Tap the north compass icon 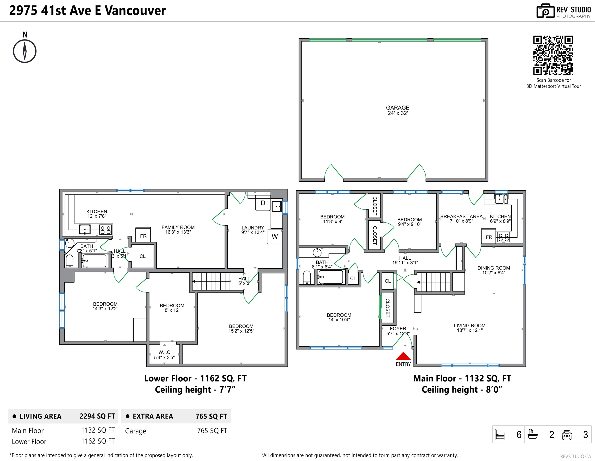[x=25, y=51]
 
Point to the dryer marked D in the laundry [x=263, y=203]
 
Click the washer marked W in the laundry [x=275, y=237]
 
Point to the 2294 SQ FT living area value [x=97, y=416]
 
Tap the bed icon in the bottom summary [x=500, y=434]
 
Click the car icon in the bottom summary [x=567, y=434]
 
